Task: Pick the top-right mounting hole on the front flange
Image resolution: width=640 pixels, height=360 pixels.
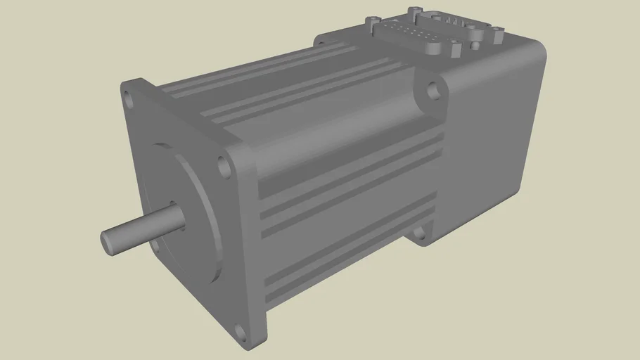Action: click(x=224, y=168)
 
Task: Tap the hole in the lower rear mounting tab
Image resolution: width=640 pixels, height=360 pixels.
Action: click(x=423, y=233)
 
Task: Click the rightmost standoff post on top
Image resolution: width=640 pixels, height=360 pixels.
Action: click(x=497, y=32)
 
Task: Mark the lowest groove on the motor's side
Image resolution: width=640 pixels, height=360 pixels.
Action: click(x=352, y=274)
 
